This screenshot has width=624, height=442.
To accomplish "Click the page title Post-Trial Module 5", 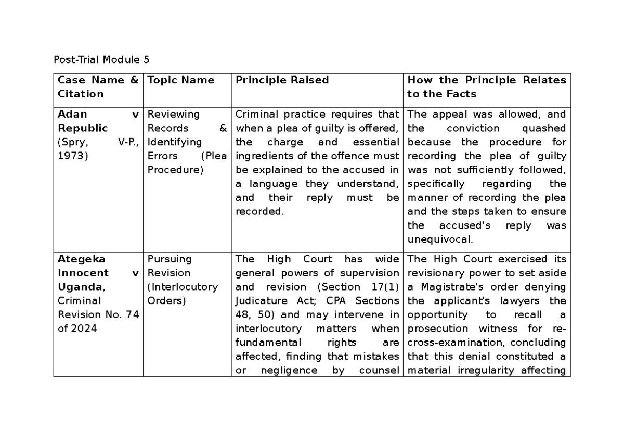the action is pos(102,59).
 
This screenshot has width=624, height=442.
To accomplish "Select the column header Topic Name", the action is pos(181,80).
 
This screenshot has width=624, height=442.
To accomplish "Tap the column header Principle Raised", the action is pos(282,80).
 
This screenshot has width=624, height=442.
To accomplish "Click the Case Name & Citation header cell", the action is pos(98,87).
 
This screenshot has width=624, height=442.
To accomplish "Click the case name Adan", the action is pos(72,114).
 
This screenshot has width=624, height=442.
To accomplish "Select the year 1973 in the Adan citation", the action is pos(70,156).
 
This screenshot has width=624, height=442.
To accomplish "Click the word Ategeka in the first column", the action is pos(81,259).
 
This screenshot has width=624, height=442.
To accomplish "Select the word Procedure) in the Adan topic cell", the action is pos(175,170).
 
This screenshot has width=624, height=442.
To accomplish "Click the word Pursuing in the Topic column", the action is pos(170,259).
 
